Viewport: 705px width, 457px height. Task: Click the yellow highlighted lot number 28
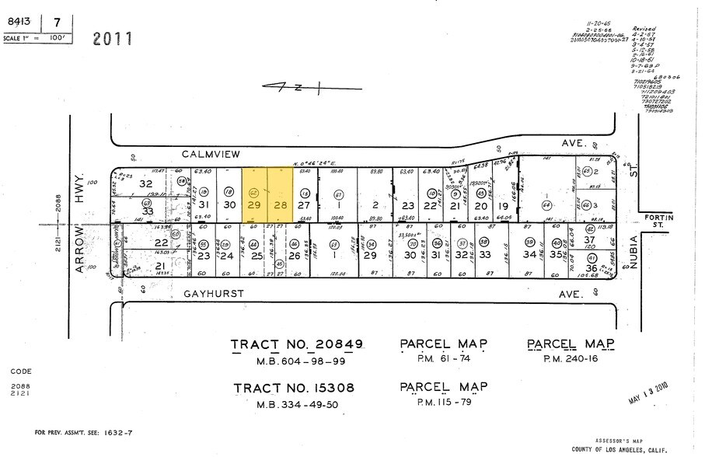[281, 204]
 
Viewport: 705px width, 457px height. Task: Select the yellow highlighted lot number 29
[253, 204]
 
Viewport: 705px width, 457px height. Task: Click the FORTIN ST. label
[660, 222]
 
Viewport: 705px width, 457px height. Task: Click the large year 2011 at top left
[113, 38]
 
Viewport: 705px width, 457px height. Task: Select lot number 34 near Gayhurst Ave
[529, 254]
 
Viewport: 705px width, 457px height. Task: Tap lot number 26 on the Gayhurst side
[294, 255]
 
